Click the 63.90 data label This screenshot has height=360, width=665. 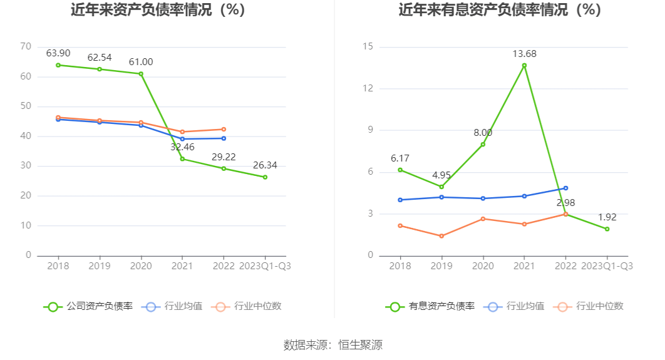58,53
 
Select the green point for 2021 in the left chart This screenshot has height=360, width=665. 182,158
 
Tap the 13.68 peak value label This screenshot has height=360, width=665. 524,54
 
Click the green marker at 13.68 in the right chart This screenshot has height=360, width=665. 524,65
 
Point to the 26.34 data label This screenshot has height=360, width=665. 265,165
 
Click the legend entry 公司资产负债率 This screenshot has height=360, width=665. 88,306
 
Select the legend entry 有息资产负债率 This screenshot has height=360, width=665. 430,306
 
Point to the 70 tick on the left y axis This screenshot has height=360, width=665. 26,46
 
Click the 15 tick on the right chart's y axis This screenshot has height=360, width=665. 368,46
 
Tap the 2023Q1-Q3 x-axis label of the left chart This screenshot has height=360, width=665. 265,265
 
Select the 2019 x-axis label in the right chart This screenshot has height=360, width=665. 441,265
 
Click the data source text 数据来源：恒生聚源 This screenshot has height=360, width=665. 332,344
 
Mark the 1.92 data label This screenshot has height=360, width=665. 607,217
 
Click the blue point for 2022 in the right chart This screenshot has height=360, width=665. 565,188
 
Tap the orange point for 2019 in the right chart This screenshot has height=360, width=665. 441,236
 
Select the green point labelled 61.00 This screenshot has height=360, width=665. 141,74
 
